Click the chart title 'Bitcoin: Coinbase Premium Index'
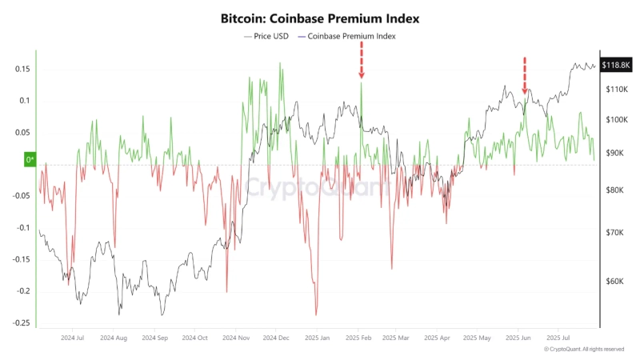[x=319, y=17]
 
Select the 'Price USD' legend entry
[x=269, y=36]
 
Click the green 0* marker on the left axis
[x=30, y=160]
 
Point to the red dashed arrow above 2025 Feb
[x=362, y=61]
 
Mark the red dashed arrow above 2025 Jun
[x=525, y=75]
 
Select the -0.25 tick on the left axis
[x=20, y=323]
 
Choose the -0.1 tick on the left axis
[x=22, y=228]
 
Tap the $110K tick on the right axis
[x=616, y=90]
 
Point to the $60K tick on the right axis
[x=614, y=281]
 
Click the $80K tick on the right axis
[x=614, y=190]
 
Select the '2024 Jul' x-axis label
[x=72, y=338]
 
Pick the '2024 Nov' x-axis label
[x=236, y=338]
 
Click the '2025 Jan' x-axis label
[x=318, y=338]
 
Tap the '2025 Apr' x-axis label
[x=440, y=338]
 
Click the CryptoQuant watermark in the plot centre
[x=318, y=189]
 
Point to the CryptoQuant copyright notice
[x=584, y=350]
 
